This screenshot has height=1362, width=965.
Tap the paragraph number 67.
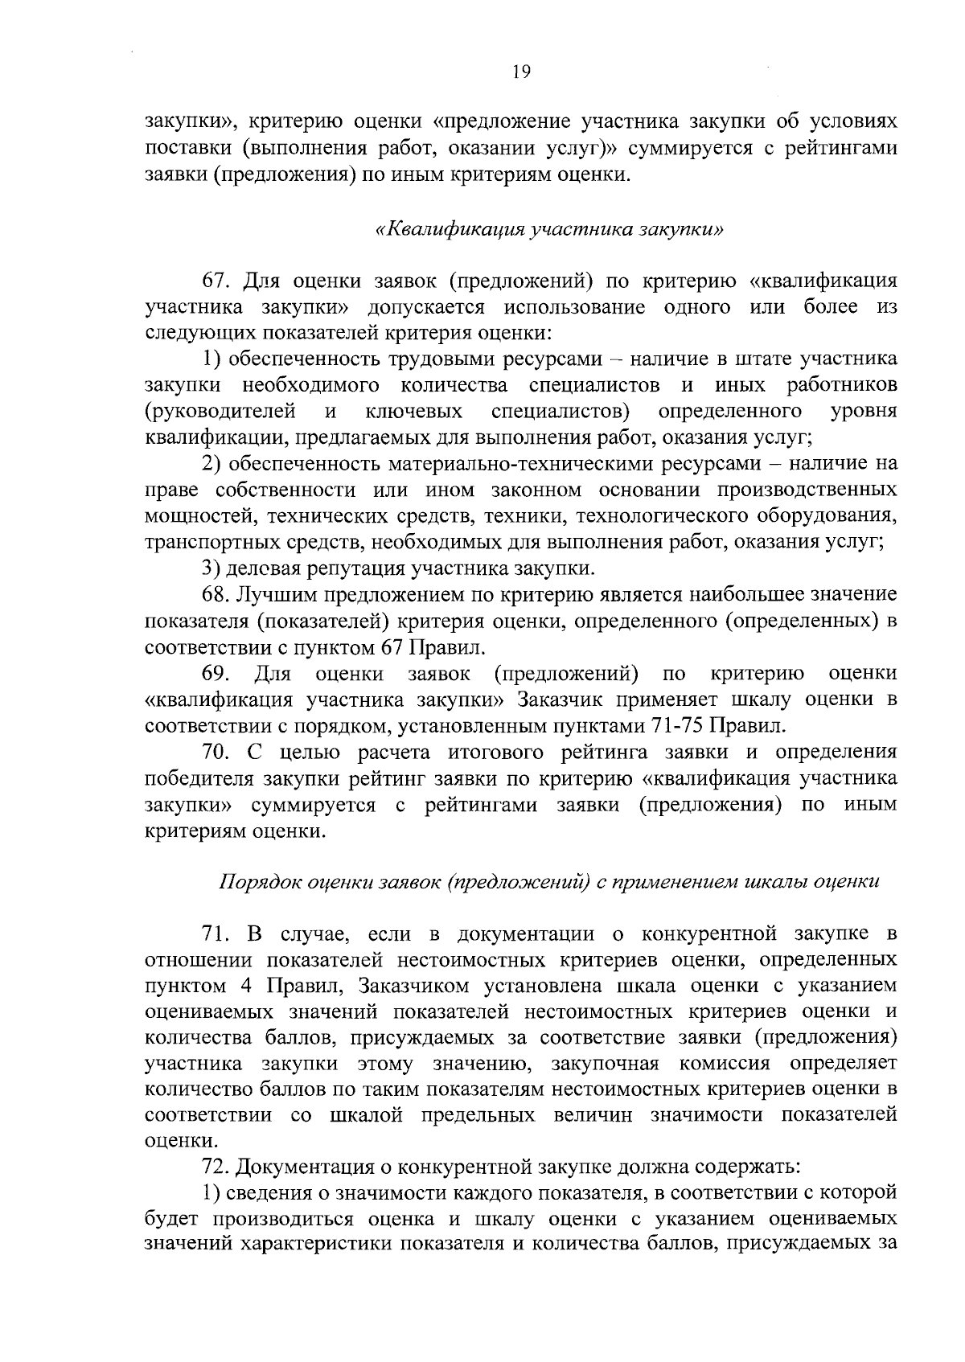tap(215, 281)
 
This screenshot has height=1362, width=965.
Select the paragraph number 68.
tap(215, 595)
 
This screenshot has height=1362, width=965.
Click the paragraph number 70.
tap(215, 753)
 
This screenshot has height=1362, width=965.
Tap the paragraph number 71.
tap(215, 934)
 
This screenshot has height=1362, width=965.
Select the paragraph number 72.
tap(215, 1166)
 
